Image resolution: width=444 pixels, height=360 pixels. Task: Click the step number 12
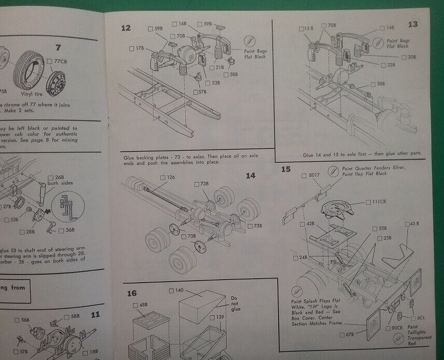point(126,27)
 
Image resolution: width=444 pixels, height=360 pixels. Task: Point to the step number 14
point(251,175)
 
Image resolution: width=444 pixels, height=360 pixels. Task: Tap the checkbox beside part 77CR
point(49,61)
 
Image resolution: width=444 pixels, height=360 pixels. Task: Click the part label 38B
point(381,84)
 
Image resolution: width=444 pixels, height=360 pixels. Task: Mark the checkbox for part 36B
point(62,231)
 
